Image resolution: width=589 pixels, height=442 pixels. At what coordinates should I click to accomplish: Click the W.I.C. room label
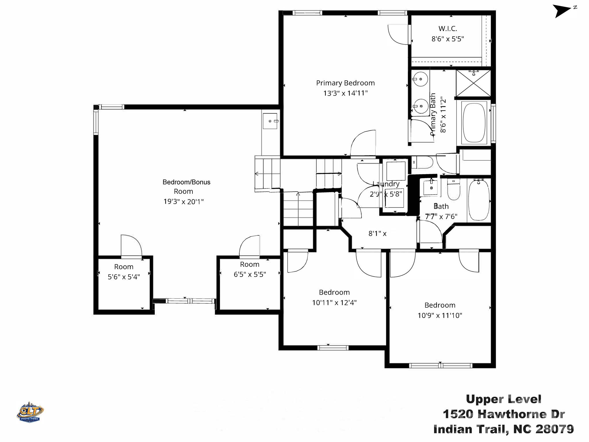[448, 28]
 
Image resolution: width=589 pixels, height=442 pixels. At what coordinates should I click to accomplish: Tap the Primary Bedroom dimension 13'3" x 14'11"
[345, 93]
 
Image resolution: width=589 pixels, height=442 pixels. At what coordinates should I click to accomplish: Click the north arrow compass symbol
[562, 11]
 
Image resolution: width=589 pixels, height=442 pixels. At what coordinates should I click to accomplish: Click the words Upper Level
[503, 399]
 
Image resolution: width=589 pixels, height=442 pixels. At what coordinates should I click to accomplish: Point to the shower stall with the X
[473, 83]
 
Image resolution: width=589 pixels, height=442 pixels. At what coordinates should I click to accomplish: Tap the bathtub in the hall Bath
[479, 200]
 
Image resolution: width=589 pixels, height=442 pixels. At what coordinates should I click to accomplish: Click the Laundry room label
[386, 184]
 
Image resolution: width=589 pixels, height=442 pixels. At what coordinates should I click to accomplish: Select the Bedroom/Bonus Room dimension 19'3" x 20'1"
[183, 201]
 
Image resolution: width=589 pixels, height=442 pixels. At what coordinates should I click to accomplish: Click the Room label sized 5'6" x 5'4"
[124, 267]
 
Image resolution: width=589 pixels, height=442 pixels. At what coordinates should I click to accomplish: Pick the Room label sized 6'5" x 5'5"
[249, 264]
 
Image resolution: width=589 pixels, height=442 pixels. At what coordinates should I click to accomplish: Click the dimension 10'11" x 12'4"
[334, 303]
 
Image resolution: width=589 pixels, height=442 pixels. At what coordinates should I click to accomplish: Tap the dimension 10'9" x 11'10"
[440, 315]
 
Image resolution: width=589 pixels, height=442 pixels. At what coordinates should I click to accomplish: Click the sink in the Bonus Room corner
[270, 121]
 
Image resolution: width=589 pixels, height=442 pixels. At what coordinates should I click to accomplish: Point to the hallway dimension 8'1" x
[377, 233]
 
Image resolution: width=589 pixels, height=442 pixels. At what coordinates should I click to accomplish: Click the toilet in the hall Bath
[454, 190]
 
